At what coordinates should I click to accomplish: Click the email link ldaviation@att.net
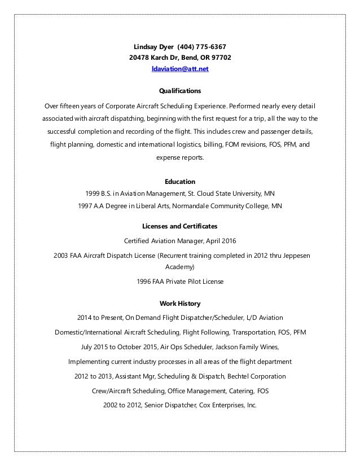point(180,69)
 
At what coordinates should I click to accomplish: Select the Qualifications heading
point(180,90)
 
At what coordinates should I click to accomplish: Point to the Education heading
point(180,182)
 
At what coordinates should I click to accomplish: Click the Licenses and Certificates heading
point(180,226)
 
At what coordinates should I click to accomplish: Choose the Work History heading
point(180,302)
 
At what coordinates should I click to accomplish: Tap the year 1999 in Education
point(93,193)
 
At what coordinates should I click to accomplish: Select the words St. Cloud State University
point(224,193)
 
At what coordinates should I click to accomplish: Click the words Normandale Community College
point(219,206)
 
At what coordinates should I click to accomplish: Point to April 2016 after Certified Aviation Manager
point(221,239)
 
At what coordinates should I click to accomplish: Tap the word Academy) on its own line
point(180,266)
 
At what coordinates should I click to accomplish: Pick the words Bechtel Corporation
point(254,376)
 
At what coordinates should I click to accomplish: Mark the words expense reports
point(180,159)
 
